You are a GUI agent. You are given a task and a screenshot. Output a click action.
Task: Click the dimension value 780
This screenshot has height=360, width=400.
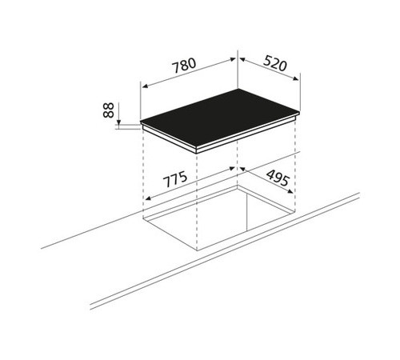point(185,66)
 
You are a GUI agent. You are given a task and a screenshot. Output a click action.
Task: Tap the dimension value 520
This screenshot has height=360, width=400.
point(275,64)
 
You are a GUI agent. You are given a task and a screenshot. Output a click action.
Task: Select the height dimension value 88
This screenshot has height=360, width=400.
point(109,110)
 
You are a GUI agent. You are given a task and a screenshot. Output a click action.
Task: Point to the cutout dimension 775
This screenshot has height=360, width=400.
point(175,180)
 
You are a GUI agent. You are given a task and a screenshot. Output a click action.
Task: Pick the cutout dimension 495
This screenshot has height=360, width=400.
point(278,178)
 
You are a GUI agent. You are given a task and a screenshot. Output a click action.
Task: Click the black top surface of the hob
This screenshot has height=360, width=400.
point(220,118)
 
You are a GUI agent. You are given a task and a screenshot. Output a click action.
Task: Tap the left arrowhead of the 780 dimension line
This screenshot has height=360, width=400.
point(146,86)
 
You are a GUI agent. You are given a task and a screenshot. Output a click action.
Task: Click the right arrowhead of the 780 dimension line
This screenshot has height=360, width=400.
point(232,60)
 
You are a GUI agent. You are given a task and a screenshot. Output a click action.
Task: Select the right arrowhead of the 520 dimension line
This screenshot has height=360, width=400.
point(295,78)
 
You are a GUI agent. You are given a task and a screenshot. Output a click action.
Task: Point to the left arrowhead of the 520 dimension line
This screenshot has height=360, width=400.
point(242,60)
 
